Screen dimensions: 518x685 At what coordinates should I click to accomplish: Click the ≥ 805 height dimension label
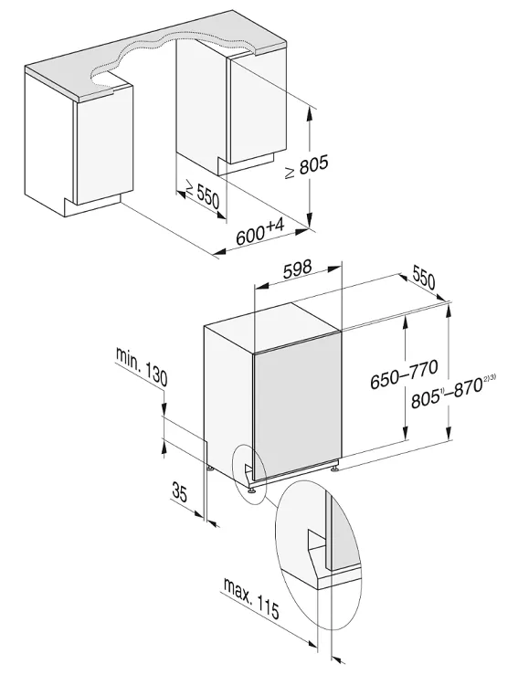[x=307, y=166]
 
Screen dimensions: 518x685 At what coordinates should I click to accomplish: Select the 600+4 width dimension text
[x=261, y=232]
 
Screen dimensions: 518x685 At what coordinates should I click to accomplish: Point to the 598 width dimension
[x=297, y=269]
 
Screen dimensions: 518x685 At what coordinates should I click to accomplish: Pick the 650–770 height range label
[x=404, y=374]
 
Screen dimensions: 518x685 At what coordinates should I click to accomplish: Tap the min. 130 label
[x=142, y=366]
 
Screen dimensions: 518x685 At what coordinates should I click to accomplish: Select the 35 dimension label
[x=180, y=492]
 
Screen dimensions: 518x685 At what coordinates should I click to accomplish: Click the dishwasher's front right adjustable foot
[x=334, y=468]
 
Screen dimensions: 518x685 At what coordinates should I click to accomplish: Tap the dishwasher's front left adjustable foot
[x=252, y=490]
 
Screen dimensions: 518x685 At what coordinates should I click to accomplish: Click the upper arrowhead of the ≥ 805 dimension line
[x=310, y=114]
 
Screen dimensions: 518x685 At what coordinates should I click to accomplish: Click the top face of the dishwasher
[x=271, y=325]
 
